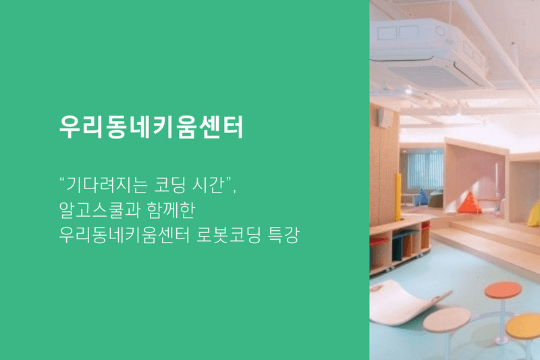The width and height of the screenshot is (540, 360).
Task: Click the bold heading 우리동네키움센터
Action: tap(151, 126)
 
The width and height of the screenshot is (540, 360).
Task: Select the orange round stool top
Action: tap(503, 290)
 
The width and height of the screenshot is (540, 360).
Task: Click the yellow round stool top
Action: tap(524, 326)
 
